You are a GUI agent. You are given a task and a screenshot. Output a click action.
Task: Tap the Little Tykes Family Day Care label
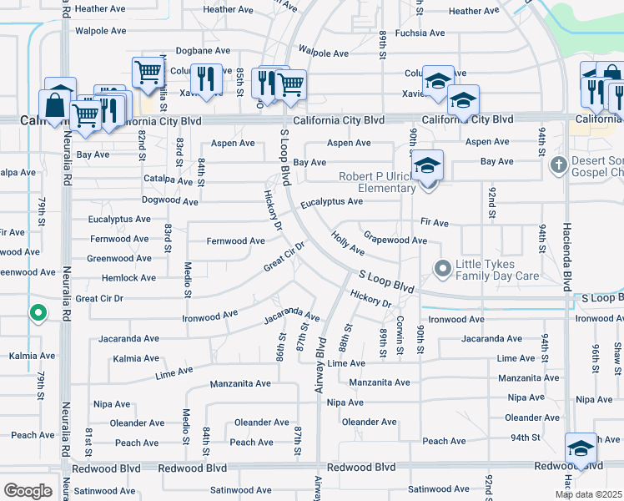point(498,269)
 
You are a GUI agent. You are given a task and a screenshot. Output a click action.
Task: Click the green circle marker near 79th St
point(38,314)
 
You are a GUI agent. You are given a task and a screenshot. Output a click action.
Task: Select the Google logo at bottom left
point(28,490)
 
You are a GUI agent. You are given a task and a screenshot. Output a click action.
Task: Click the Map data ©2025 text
point(587,494)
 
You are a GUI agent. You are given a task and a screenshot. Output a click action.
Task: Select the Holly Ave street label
point(347,244)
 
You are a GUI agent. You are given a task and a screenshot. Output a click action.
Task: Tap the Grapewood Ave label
point(395,240)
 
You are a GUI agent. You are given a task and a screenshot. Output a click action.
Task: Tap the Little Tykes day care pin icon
point(443,269)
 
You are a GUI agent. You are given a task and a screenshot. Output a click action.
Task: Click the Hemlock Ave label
point(128,278)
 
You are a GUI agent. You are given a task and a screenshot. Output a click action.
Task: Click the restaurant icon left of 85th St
point(205,79)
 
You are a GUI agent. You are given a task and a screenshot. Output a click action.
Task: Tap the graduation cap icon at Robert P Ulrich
point(427,165)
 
